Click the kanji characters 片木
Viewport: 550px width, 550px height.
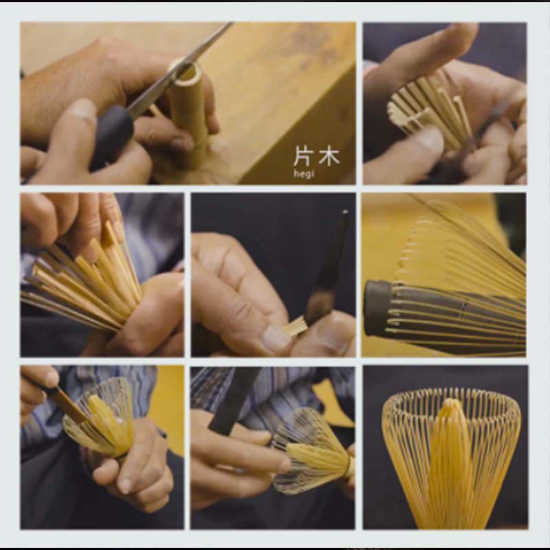pos(316,157)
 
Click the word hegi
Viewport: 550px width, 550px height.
pos(304,173)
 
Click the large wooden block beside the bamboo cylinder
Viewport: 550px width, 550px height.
pos(280,102)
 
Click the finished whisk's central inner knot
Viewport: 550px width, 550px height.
pos(450,459)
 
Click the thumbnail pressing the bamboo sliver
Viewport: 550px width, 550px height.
pos(276,338)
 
